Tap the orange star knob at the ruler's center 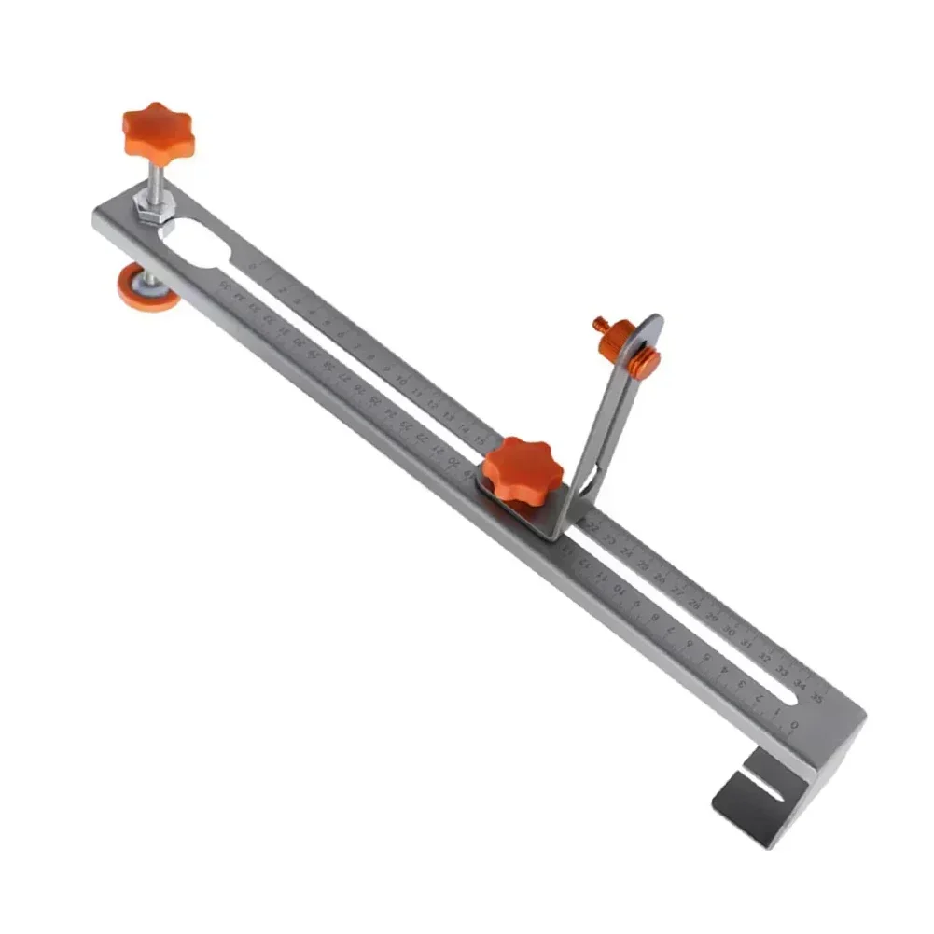click(x=523, y=470)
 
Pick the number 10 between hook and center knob click(x=617, y=589)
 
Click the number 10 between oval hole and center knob click(x=401, y=381)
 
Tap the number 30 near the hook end click(x=729, y=630)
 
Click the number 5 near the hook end click(x=706, y=656)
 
